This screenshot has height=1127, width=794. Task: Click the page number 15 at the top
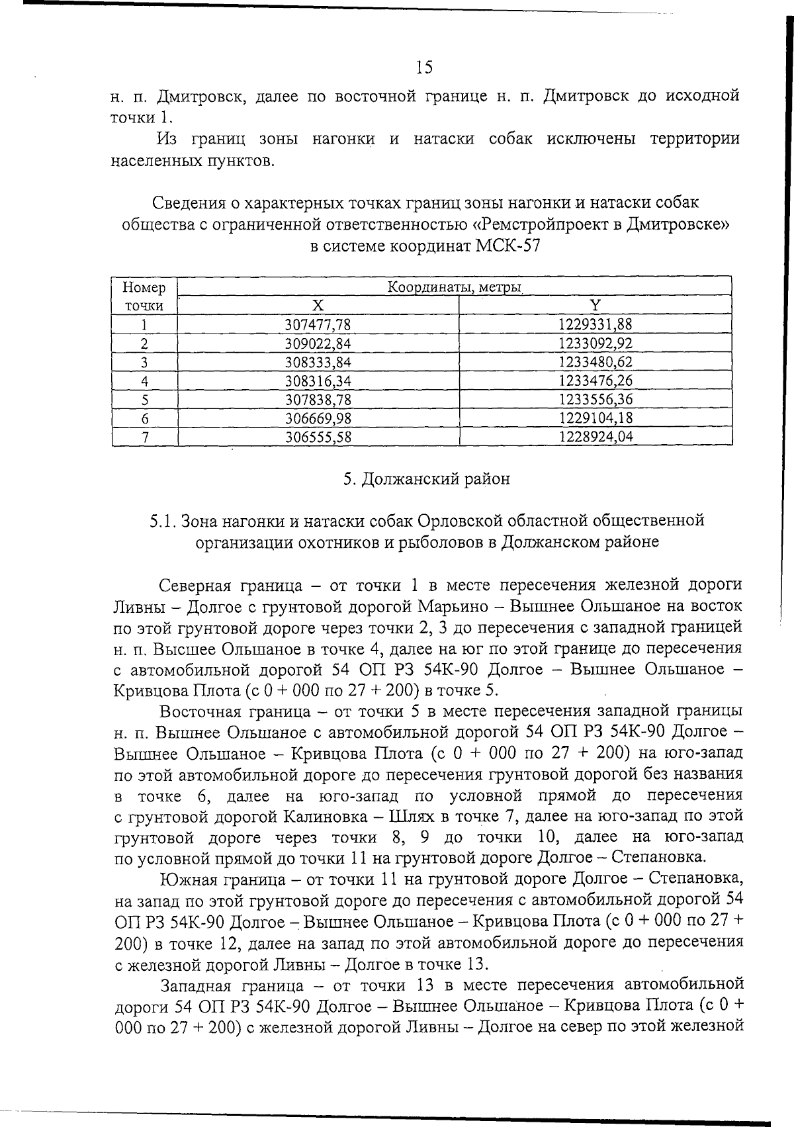coord(424,67)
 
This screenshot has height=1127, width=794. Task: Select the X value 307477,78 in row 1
coord(318,324)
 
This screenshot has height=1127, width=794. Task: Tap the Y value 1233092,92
coord(595,343)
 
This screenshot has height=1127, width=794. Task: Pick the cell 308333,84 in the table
coord(318,362)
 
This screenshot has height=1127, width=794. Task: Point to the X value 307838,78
coord(318,400)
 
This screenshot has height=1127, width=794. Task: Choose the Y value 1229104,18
coord(595,418)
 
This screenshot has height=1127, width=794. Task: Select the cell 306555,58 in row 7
coord(318,437)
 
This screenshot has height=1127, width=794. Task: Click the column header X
coord(318,305)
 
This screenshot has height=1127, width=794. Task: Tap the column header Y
coord(595,305)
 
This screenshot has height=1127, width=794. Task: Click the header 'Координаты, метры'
coord(455,288)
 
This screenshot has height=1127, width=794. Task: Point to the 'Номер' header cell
coord(144,288)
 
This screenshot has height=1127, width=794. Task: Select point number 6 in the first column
coord(144,419)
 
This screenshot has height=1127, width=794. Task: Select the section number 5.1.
coord(163,521)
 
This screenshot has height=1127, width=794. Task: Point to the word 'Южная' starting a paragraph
coord(187,880)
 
